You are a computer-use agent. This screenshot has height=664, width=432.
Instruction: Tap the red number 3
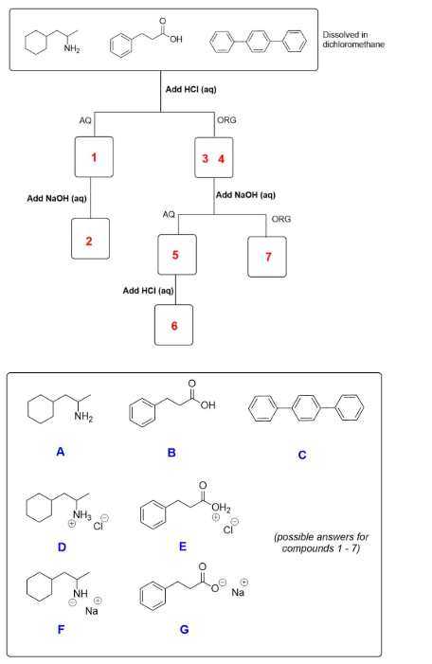click(204, 157)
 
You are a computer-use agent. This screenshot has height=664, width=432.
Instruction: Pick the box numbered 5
click(175, 255)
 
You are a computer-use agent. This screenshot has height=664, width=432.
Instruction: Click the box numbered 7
click(268, 256)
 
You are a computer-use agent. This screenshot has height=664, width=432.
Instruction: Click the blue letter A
click(59, 452)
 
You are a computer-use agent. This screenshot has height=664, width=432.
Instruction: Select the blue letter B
click(171, 453)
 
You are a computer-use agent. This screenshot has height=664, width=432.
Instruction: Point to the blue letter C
click(301, 454)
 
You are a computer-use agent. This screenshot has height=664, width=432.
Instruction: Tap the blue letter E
click(182, 546)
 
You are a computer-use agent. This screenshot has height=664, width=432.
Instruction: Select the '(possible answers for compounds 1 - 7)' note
click(326, 543)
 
